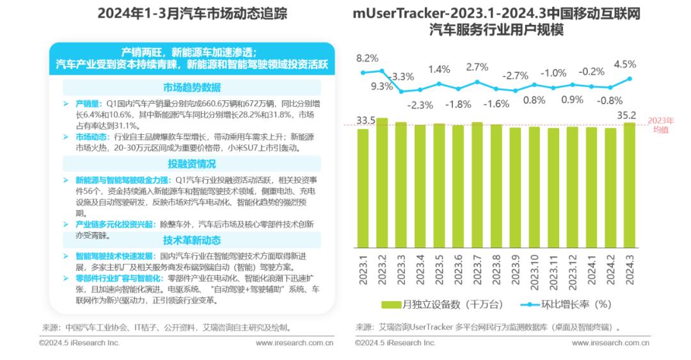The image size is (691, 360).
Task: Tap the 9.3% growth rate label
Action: click(382, 86)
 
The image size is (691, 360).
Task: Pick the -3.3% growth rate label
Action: click(402, 76)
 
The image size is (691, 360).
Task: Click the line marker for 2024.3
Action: click(630, 79)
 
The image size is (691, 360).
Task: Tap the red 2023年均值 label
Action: click(660, 125)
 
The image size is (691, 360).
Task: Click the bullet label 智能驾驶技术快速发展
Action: click(113, 255)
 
